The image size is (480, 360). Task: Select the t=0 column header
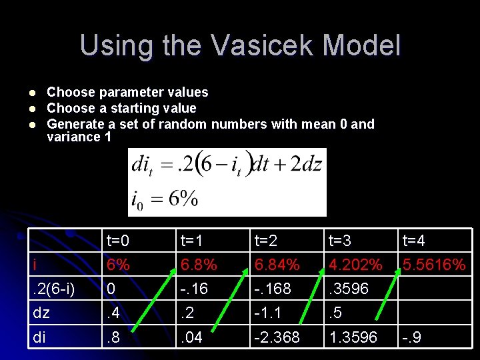119,241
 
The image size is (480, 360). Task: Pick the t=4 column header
415,241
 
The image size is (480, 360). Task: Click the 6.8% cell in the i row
199,265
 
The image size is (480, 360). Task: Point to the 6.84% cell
277,265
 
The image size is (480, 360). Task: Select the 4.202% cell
355,265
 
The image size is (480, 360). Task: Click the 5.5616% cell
433,265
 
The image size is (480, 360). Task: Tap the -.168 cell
274,289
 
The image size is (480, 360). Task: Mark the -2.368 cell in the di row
277,338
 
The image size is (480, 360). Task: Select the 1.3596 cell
353,338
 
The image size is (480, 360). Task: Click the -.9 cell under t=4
411,338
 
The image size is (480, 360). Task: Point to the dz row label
41,313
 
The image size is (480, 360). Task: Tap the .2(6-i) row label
54,289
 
